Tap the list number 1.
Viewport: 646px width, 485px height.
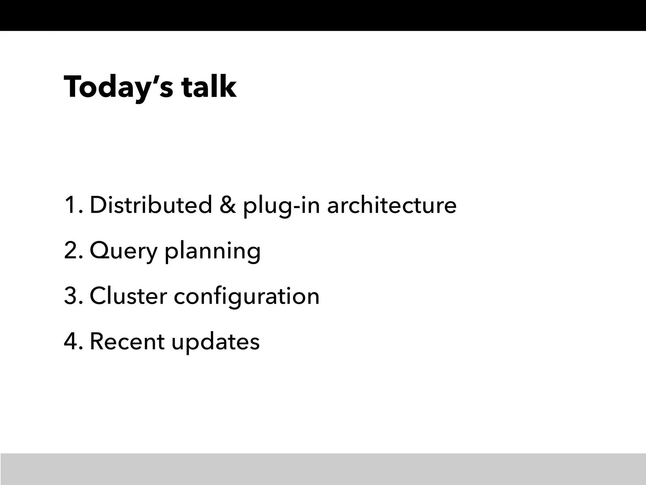coord(73,205)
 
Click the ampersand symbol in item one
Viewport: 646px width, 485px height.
coord(227,205)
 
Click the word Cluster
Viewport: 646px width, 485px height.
coord(128,296)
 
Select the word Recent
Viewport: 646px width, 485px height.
coord(127,342)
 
